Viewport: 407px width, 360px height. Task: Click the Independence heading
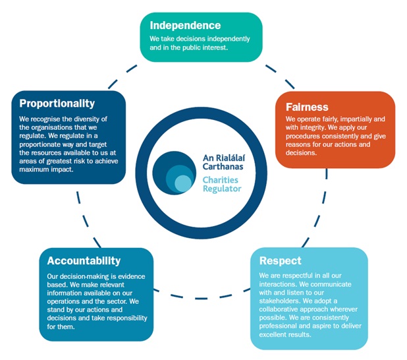tap(185, 26)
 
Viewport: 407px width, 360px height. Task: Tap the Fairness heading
tap(308, 107)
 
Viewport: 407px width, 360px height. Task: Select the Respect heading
tap(280, 260)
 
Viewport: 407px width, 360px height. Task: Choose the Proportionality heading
tap(57, 104)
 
